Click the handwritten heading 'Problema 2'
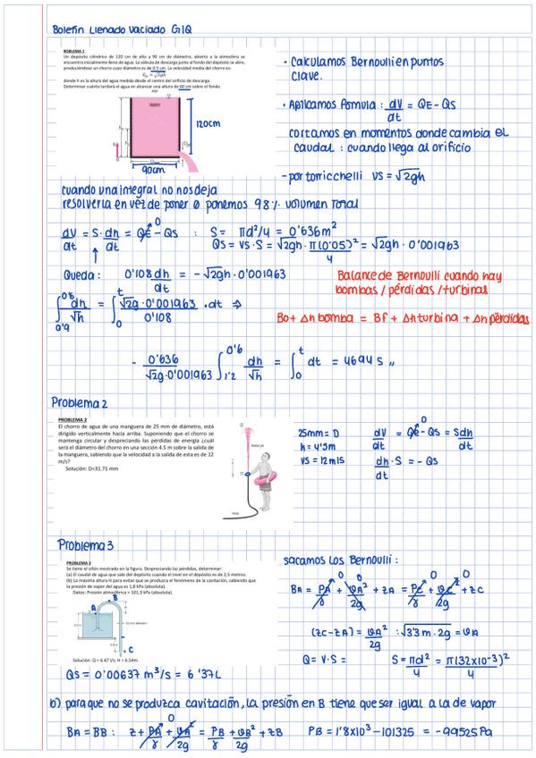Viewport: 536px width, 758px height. coord(80,402)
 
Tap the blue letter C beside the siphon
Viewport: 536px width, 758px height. coord(132,650)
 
